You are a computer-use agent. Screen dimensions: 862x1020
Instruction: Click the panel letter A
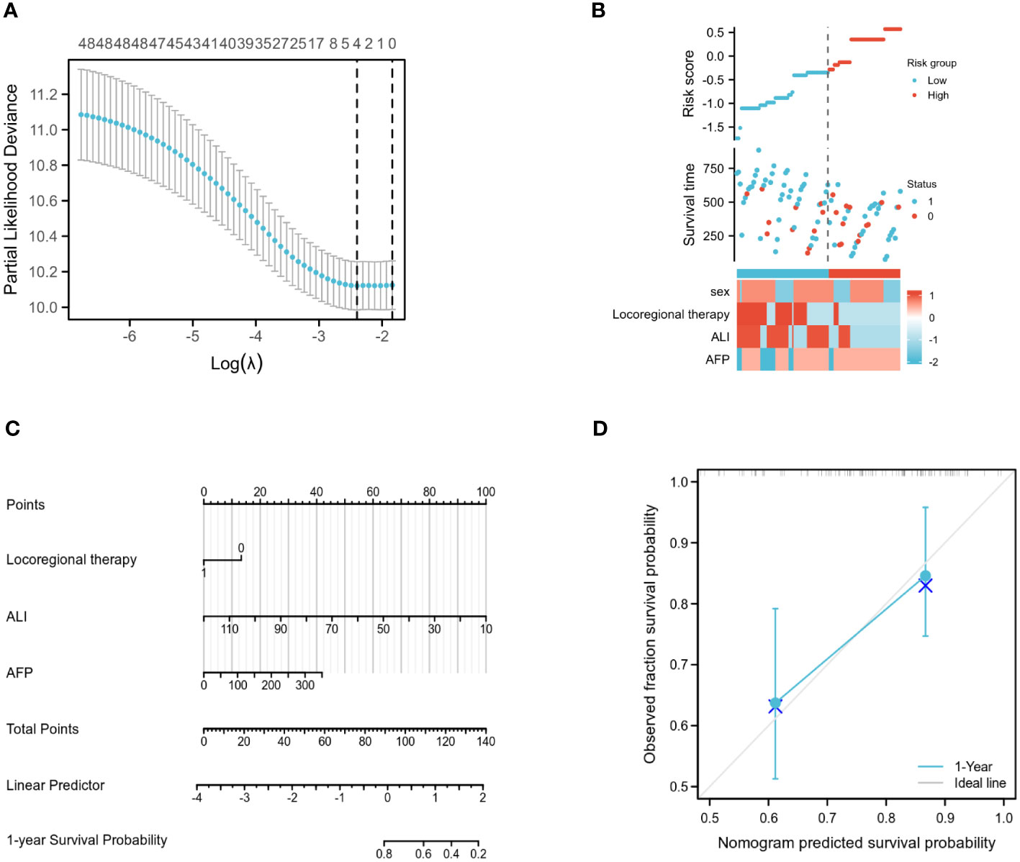pyautogui.click(x=10, y=11)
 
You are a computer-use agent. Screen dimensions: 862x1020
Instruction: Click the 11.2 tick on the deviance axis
pyautogui.click(x=44, y=94)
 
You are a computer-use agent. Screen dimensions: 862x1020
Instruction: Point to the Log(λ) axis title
pyautogui.click(x=236, y=363)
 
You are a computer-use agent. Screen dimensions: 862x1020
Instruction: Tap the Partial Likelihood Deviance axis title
pyautogui.click(x=11, y=189)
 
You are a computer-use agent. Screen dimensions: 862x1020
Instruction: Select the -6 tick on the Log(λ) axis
pyautogui.click(x=130, y=337)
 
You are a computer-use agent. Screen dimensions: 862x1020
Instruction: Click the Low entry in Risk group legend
pyautogui.click(x=936, y=81)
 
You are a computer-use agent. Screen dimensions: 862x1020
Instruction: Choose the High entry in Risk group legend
pyautogui.click(x=938, y=95)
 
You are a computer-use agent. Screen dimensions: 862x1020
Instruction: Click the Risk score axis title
pyautogui.click(x=689, y=83)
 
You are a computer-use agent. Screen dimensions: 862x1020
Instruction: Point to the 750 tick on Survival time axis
pyautogui.click(x=713, y=168)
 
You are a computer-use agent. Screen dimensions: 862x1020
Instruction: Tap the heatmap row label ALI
pyautogui.click(x=720, y=337)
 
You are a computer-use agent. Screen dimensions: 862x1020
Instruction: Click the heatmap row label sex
pyautogui.click(x=720, y=291)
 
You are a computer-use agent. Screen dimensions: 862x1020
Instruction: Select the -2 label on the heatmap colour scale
pyautogui.click(x=933, y=362)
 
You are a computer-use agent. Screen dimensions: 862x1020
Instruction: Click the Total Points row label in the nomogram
pyautogui.click(x=42, y=729)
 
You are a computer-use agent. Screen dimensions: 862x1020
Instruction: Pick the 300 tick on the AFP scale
pyautogui.click(x=304, y=685)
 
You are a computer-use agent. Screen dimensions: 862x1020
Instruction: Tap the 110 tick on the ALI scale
pyautogui.click(x=230, y=629)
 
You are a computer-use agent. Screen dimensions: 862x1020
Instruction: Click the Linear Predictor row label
pyautogui.click(x=55, y=785)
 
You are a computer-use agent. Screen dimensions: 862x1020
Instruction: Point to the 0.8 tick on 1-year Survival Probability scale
pyautogui.click(x=384, y=853)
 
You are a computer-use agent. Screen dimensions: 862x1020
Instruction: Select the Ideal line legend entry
pyautogui.click(x=980, y=783)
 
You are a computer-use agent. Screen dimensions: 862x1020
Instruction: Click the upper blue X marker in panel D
pyautogui.click(x=925, y=586)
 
